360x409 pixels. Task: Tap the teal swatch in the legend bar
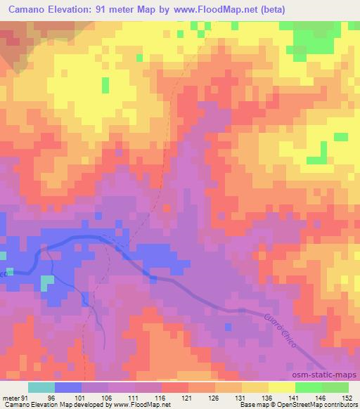click(x=41, y=387)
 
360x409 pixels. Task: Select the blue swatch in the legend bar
click(x=68, y=387)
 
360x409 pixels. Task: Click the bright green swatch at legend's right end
click(x=335, y=387)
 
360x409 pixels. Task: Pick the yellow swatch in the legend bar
click(x=282, y=387)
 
